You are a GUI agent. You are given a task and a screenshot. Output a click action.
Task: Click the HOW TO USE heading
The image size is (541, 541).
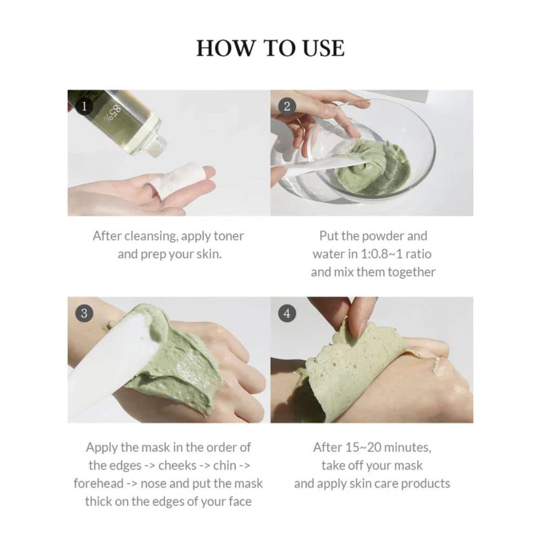pos(270,48)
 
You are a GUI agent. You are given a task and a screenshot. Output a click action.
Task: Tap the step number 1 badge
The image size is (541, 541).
pos(83,106)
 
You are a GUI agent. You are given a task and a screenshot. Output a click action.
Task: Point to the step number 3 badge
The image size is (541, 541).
pos(83,313)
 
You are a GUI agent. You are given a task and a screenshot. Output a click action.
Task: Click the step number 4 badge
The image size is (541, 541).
pos(287,313)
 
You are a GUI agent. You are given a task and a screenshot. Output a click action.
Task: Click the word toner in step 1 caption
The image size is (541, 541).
pos(227,236)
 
